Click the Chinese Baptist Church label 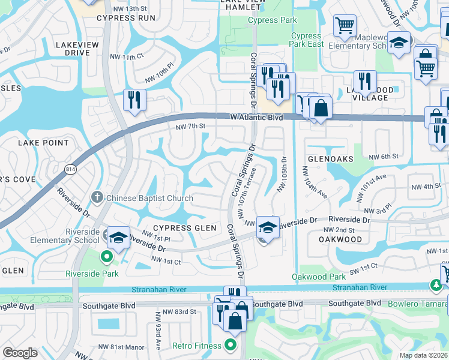pyautogui.click(x=149, y=198)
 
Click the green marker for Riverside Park pyautogui.click(x=107, y=257)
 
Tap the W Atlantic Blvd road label pyautogui.click(x=256, y=118)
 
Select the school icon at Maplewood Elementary pyautogui.click(x=399, y=43)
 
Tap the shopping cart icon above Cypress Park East pyautogui.click(x=345, y=26)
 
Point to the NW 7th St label pyautogui.click(x=190, y=127)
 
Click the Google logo pyautogui.click(x=20, y=353)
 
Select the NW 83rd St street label pyautogui.click(x=181, y=311)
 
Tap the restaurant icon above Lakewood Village pyautogui.click(x=365, y=80)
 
